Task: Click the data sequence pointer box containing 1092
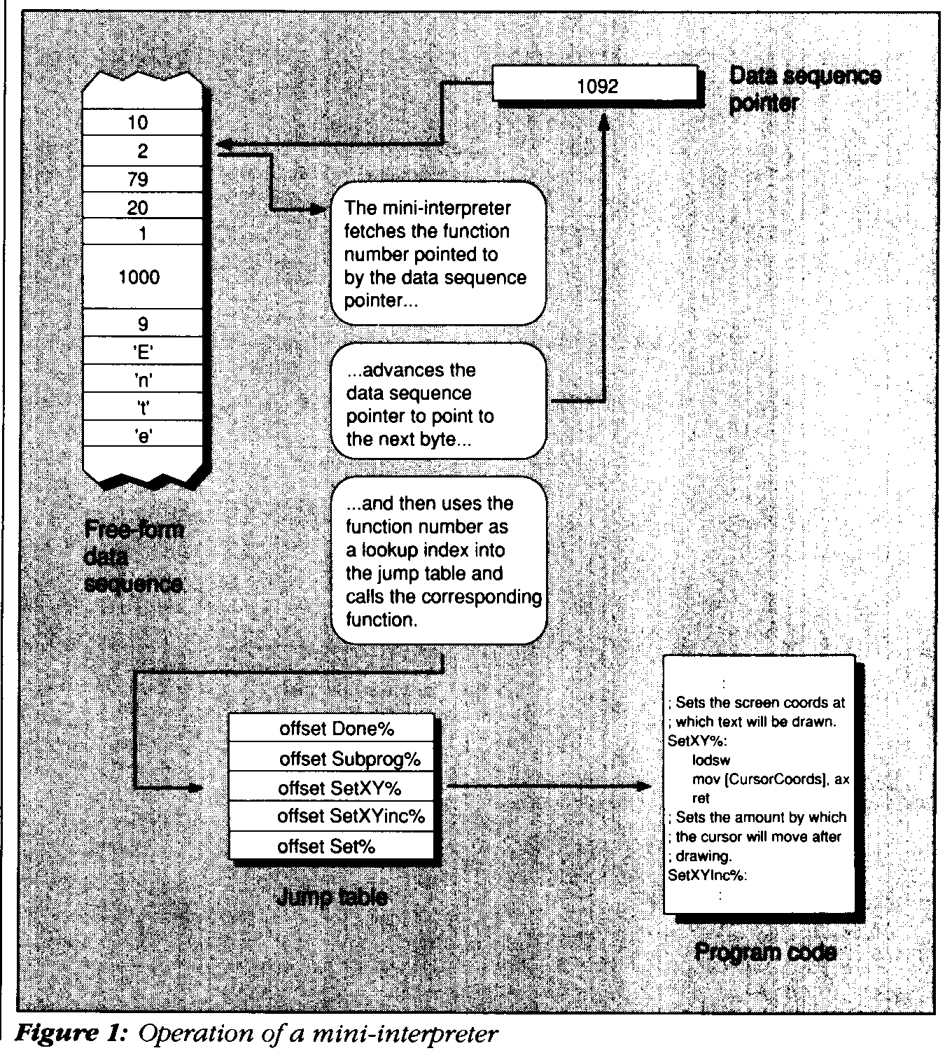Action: point(596,86)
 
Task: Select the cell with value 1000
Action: point(141,277)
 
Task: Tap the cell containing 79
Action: point(141,179)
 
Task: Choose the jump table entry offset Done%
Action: point(332,729)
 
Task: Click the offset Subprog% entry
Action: point(332,758)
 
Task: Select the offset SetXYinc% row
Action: point(332,816)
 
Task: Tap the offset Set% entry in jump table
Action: point(332,846)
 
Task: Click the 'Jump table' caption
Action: point(332,897)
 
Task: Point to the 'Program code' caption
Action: point(765,951)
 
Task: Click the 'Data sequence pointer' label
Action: point(804,89)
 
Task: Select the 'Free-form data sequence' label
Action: point(134,557)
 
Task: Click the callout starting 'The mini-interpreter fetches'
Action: point(437,254)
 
